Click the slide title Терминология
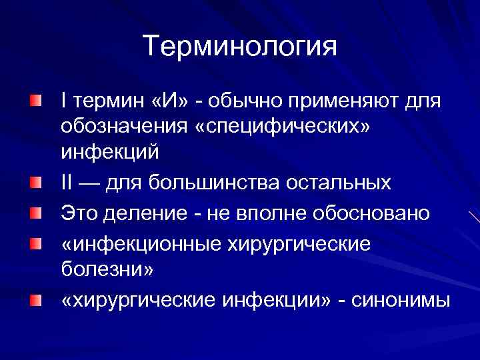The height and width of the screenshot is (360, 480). tap(240, 47)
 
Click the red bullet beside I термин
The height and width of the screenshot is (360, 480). tap(34, 101)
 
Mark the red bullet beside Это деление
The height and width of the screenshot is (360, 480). tap(34, 211)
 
